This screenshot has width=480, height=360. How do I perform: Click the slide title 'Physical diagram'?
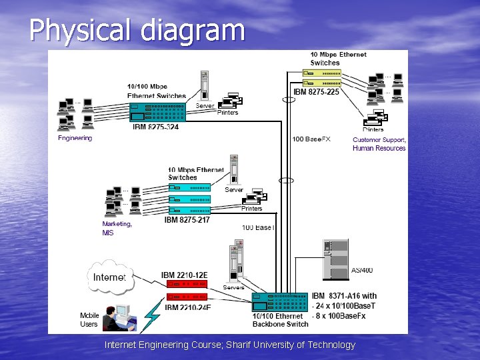(137, 30)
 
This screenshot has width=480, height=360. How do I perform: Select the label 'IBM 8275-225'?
(316, 92)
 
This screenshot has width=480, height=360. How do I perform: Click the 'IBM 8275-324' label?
(155, 127)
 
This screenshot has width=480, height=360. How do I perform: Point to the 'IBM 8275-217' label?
(187, 219)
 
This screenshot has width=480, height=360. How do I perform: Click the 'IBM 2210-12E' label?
(184, 275)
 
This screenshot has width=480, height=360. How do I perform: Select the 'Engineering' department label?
(75, 138)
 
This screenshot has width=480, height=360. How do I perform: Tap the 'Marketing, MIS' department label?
(117, 229)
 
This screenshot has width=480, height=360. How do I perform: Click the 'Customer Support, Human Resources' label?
(379, 144)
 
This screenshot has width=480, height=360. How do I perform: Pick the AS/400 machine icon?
(335, 259)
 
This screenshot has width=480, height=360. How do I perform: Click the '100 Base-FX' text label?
(311, 139)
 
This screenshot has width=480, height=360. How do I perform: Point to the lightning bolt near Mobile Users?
(153, 313)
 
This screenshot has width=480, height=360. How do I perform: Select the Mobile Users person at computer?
(120, 318)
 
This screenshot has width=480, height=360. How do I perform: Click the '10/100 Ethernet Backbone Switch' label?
(280, 320)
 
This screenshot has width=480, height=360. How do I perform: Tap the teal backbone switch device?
(280, 302)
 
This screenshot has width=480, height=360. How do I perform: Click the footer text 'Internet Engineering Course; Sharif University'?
(230, 345)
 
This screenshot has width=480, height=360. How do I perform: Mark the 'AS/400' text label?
(362, 270)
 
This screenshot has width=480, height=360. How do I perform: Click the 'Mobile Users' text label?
(89, 320)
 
